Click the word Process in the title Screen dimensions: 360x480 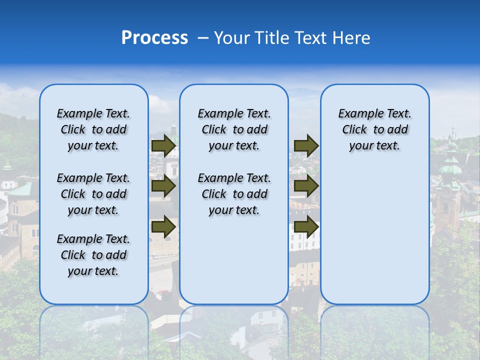(x=154, y=38)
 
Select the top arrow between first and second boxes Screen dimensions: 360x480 (x=163, y=146)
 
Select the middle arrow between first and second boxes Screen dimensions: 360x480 (x=163, y=186)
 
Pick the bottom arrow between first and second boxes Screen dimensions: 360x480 (x=163, y=227)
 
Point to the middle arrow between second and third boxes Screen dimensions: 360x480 (x=306, y=186)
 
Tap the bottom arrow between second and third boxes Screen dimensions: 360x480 (x=306, y=227)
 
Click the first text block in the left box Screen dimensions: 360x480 (x=93, y=129)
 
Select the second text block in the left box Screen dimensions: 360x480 (x=93, y=194)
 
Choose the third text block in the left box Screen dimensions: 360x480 (x=93, y=255)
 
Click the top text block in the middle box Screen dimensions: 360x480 (x=234, y=129)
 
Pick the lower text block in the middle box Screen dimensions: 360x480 (x=234, y=194)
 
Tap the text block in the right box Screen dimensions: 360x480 (x=374, y=129)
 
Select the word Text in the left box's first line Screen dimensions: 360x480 (x=118, y=113)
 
